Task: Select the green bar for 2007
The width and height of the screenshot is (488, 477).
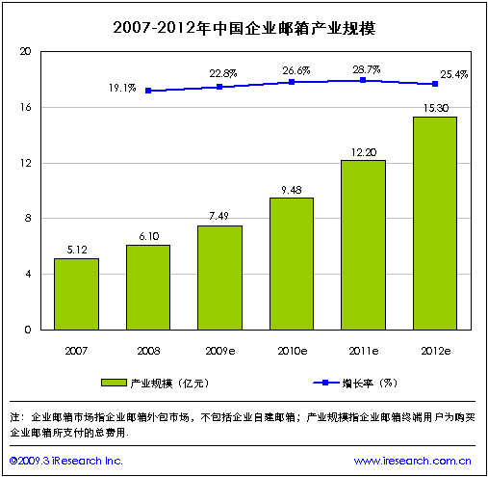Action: tap(76, 294)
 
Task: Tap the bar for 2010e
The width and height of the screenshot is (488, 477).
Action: tap(291, 263)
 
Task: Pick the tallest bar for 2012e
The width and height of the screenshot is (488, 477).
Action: tap(435, 224)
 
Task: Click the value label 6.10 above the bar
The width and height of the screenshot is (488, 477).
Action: tap(147, 236)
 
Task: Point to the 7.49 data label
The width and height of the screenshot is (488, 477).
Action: tap(219, 217)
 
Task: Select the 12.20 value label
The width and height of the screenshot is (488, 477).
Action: tap(363, 151)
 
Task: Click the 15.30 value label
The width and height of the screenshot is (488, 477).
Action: tap(435, 108)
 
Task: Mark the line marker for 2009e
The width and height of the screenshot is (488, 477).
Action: tap(219, 87)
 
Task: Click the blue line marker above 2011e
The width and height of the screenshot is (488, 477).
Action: tap(363, 80)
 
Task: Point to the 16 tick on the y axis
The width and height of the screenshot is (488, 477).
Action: tap(26, 107)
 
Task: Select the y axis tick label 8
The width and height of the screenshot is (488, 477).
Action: tap(28, 219)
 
